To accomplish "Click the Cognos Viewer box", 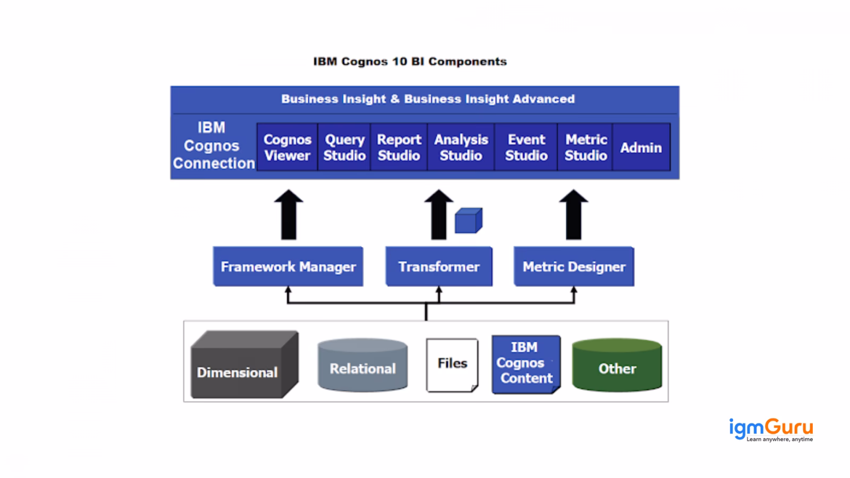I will pyautogui.click(x=287, y=147).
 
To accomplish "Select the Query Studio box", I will pyautogui.click(x=344, y=147).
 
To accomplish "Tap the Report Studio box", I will pyautogui.click(x=398, y=147).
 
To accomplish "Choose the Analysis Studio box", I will pyautogui.click(x=461, y=147).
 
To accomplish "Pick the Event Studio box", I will pyautogui.click(x=526, y=147).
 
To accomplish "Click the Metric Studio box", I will pyautogui.click(x=585, y=147).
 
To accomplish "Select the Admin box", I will pyautogui.click(x=641, y=147).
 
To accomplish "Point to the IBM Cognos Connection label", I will pyautogui.click(x=213, y=146).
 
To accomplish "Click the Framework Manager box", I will pyautogui.click(x=288, y=267).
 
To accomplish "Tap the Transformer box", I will pyautogui.click(x=439, y=267).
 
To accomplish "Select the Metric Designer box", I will pyautogui.click(x=574, y=267).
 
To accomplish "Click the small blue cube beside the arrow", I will pyautogui.click(x=468, y=221).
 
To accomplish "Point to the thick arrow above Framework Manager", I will pyautogui.click(x=288, y=215).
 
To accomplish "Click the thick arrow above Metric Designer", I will pyautogui.click(x=574, y=215).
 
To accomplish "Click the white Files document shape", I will pyautogui.click(x=452, y=364).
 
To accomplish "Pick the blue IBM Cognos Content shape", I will pyautogui.click(x=525, y=364).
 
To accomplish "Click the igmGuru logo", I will pyautogui.click(x=771, y=429).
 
